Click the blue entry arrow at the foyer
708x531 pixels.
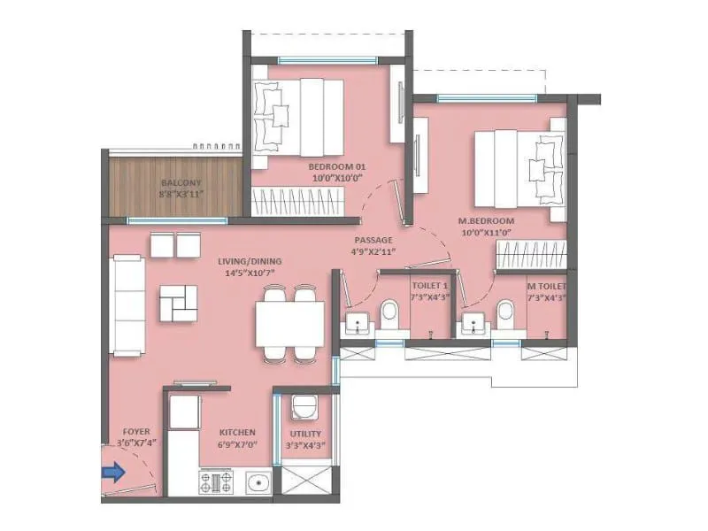113,473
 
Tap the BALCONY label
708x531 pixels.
181,183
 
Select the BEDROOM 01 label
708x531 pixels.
337,167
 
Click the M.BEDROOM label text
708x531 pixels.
486,221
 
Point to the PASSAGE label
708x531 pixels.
373,240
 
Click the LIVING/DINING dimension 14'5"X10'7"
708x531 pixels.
250,273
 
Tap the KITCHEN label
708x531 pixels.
237,433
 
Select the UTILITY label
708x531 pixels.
305,434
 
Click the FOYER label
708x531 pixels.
136,432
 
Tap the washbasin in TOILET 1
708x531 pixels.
358,324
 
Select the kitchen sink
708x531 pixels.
259,482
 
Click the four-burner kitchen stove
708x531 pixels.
216,481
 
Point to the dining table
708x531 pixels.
290,324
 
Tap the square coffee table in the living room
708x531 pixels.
179,303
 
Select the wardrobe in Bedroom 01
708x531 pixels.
297,203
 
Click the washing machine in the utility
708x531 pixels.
304,406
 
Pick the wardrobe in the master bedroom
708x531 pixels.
531,255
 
